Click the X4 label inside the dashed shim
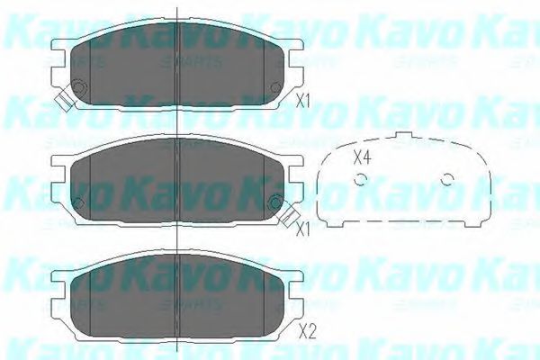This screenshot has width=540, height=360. pos(362,157)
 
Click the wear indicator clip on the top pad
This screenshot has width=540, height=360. pos(61,99)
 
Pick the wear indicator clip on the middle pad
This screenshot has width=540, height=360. pos(290,214)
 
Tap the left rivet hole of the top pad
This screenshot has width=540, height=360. pos(77,87)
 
